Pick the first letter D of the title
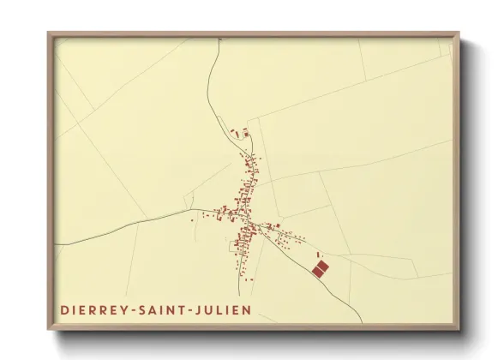coord(63,309)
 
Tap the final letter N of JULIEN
coord(247,309)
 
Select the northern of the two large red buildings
coord(322,267)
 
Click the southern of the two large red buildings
coord(316,273)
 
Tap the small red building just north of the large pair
coord(319,255)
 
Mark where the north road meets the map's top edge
coord(220,39)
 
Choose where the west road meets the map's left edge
coord(57,245)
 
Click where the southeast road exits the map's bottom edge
coord(362,323)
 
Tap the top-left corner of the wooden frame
coord(49,33)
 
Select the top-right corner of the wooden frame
coord(459,33)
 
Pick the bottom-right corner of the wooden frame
coord(459,329)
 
